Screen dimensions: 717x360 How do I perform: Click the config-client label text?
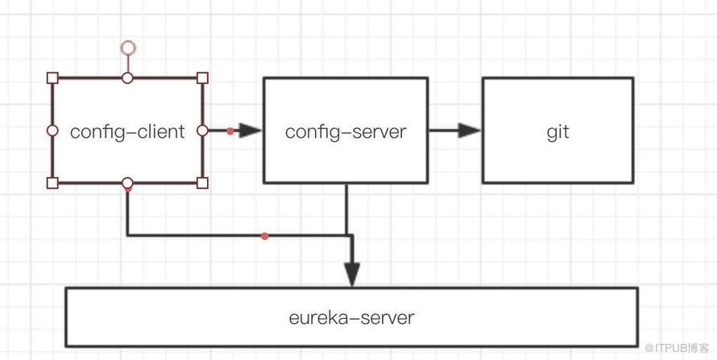(127, 132)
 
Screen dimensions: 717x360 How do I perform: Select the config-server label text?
(346, 132)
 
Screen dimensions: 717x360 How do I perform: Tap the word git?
(557, 132)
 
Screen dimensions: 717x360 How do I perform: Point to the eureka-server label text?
(351, 317)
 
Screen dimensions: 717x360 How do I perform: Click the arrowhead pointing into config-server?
(250, 130)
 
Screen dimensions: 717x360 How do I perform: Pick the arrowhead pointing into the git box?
(470, 130)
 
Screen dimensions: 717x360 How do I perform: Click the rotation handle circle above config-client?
(128, 48)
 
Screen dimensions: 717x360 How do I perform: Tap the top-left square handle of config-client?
(52, 77)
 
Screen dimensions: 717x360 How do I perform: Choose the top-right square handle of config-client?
(202, 77)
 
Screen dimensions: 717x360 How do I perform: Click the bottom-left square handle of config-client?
(52, 183)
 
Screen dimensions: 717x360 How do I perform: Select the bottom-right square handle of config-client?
(202, 183)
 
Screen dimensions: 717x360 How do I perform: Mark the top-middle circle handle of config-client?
(127, 77)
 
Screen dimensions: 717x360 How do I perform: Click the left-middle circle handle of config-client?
(52, 130)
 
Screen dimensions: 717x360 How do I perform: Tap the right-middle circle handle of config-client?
(202, 130)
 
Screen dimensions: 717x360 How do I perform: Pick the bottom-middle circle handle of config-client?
(127, 183)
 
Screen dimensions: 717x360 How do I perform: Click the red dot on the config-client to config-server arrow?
(230, 131)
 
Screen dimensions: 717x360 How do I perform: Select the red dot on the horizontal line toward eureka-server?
(264, 236)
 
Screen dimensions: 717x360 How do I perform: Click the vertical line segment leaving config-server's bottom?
(346, 209)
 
